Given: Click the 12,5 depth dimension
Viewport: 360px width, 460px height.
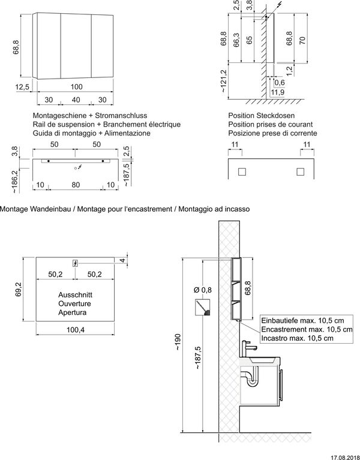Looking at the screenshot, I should (x=22, y=87).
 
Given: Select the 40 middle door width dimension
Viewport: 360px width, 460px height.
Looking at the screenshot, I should (x=76, y=99).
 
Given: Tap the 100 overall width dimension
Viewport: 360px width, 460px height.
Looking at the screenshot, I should (x=76, y=87).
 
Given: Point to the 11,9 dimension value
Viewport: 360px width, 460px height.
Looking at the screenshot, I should (x=277, y=92).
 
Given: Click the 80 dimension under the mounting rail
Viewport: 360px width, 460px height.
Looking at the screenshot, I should (x=76, y=185).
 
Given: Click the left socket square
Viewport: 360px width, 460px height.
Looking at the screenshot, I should (x=242, y=172).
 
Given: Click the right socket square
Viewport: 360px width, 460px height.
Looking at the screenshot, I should (x=300, y=172).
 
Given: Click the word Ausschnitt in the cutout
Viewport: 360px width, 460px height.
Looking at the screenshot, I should (x=74, y=296).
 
